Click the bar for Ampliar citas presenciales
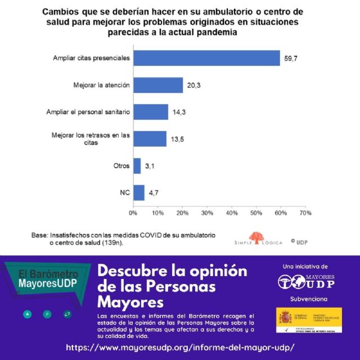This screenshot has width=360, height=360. [x=206, y=58]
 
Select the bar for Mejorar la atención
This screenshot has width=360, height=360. [x=158, y=85]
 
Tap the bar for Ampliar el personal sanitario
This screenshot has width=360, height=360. [x=151, y=112]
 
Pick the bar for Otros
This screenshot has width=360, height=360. [x=137, y=165]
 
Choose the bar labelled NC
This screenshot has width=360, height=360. [x=139, y=192]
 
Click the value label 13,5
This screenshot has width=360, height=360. [x=177, y=139]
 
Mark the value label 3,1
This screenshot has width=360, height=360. [x=150, y=166]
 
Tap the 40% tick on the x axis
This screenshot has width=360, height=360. [x=232, y=214]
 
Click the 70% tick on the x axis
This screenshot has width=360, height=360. [x=305, y=214]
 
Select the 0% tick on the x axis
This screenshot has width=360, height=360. [x=133, y=214]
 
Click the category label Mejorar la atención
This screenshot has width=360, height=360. [x=102, y=85]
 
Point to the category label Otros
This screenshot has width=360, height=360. [x=121, y=166]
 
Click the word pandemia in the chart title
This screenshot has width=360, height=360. [x=217, y=33]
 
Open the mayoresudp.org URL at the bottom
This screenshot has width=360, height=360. [x=180, y=347]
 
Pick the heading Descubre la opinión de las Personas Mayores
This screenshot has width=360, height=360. [x=172, y=286]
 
